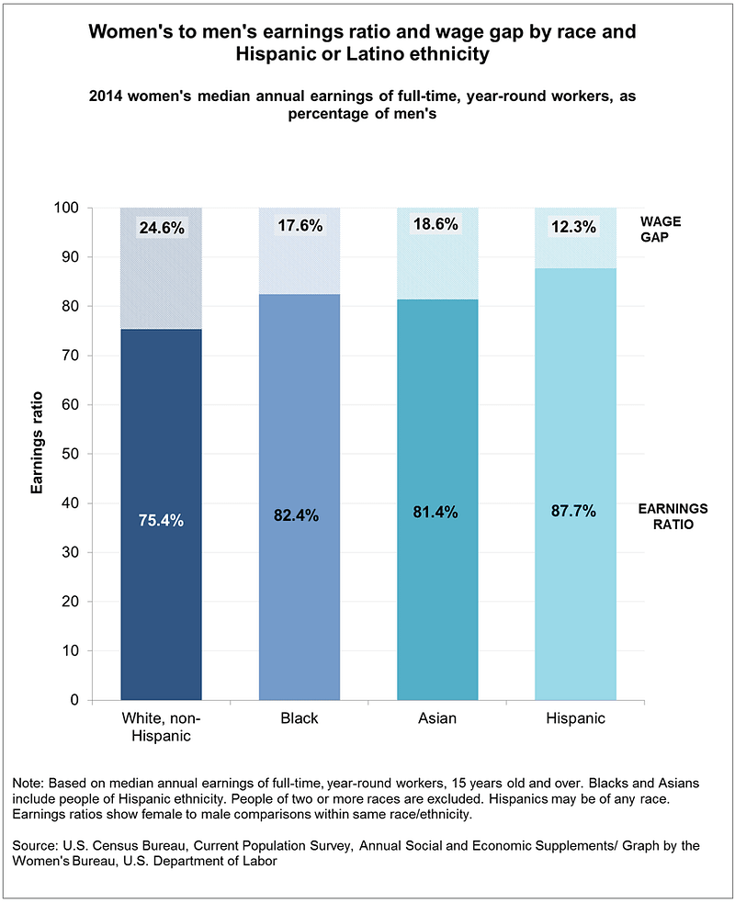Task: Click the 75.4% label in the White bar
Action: [x=162, y=521]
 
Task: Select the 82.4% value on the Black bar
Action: [x=299, y=515]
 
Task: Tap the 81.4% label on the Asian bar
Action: [x=436, y=512]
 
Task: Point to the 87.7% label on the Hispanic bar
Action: [x=574, y=511]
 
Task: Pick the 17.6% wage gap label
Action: [x=299, y=225]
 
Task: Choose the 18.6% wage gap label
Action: [x=436, y=224]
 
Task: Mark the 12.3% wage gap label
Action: [x=574, y=226]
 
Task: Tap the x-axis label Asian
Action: [x=436, y=717]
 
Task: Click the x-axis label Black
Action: [x=299, y=717]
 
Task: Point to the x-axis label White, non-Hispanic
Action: [x=161, y=726]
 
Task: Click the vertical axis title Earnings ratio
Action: [x=38, y=454]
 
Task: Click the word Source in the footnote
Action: [x=34, y=843]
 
